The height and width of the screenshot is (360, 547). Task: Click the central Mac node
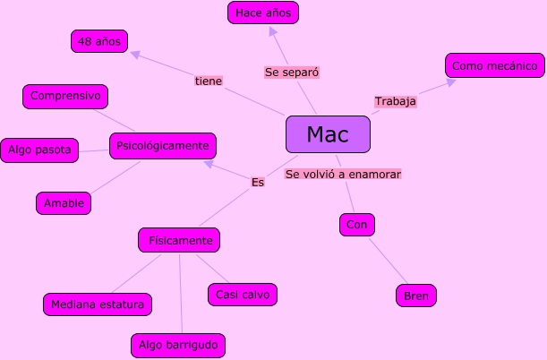(x=327, y=134)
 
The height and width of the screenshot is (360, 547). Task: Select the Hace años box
(x=262, y=13)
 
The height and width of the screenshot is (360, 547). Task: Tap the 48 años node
(x=99, y=41)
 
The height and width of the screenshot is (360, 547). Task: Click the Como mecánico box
(x=494, y=65)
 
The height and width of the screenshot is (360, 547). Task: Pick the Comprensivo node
(x=64, y=96)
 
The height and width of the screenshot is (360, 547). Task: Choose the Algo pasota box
(x=40, y=150)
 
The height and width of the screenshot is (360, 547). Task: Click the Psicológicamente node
(x=163, y=145)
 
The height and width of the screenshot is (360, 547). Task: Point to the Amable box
(x=64, y=203)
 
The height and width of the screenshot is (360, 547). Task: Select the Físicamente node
(x=179, y=240)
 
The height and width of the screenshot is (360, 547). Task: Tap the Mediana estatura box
(x=98, y=304)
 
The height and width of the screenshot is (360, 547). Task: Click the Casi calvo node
(x=242, y=294)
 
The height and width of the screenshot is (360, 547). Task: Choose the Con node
(x=355, y=224)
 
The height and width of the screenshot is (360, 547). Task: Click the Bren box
(x=416, y=296)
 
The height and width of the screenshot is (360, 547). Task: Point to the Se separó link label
(x=293, y=72)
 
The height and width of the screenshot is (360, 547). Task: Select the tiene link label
(x=209, y=81)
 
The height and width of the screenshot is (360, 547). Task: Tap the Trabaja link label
(x=395, y=101)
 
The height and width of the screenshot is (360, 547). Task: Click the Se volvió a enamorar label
(x=343, y=174)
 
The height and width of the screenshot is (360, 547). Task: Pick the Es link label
(x=258, y=182)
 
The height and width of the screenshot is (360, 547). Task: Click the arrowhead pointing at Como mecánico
(x=450, y=82)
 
